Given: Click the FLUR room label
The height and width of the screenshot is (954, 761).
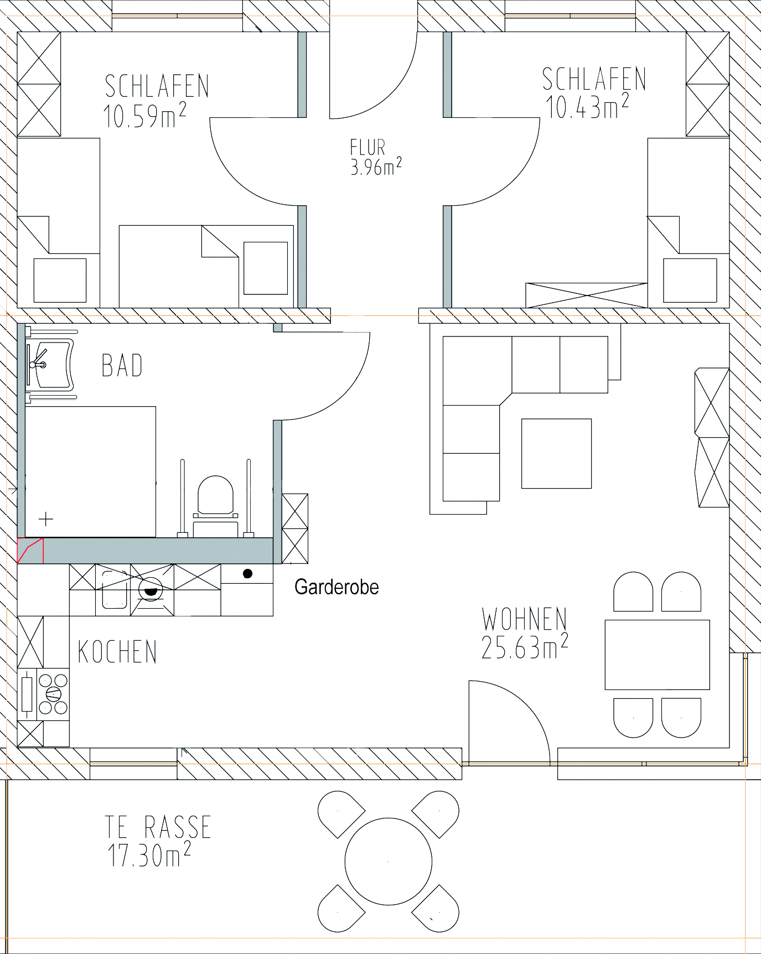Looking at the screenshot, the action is [x=367, y=147].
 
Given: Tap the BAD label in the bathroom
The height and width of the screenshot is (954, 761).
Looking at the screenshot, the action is [x=122, y=365].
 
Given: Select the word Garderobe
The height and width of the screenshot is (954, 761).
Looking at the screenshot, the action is [x=337, y=587].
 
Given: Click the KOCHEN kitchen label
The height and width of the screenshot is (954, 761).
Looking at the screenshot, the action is [x=117, y=651].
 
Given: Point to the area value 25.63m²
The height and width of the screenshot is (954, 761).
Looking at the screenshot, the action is [x=525, y=646].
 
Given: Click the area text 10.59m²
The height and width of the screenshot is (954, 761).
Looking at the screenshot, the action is [x=144, y=115].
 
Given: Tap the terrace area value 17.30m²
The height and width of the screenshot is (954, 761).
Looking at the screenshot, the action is [x=149, y=855].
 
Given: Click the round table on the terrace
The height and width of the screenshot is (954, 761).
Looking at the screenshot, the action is [x=389, y=861].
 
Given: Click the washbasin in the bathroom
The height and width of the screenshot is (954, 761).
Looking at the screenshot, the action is [x=51, y=365].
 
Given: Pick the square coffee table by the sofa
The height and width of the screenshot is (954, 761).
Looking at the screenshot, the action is [x=556, y=453].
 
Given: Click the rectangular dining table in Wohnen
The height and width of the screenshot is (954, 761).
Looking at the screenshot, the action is [x=657, y=655].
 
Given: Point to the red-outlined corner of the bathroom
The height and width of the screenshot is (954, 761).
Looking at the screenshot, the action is [x=30, y=550].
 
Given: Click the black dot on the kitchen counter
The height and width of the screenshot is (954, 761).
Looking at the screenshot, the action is [x=248, y=574].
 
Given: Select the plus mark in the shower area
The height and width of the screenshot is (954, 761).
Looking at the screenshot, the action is [x=46, y=519].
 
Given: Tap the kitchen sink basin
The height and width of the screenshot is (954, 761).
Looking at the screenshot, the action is [x=115, y=590].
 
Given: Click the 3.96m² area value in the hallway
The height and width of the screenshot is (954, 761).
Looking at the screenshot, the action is [x=376, y=166].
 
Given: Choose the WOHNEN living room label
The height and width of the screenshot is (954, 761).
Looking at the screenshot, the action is [x=524, y=619].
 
